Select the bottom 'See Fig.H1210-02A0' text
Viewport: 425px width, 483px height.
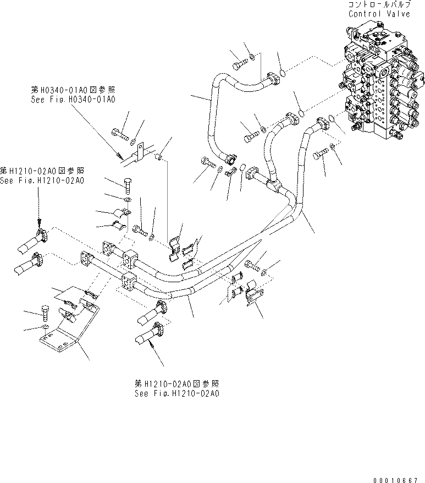click(176, 394)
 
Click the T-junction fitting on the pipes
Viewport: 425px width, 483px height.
click(275, 182)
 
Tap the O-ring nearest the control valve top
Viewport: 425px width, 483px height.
click(280, 73)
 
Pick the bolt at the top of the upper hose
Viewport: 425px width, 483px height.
click(239, 67)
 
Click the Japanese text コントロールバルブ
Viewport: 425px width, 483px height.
click(379, 4)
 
